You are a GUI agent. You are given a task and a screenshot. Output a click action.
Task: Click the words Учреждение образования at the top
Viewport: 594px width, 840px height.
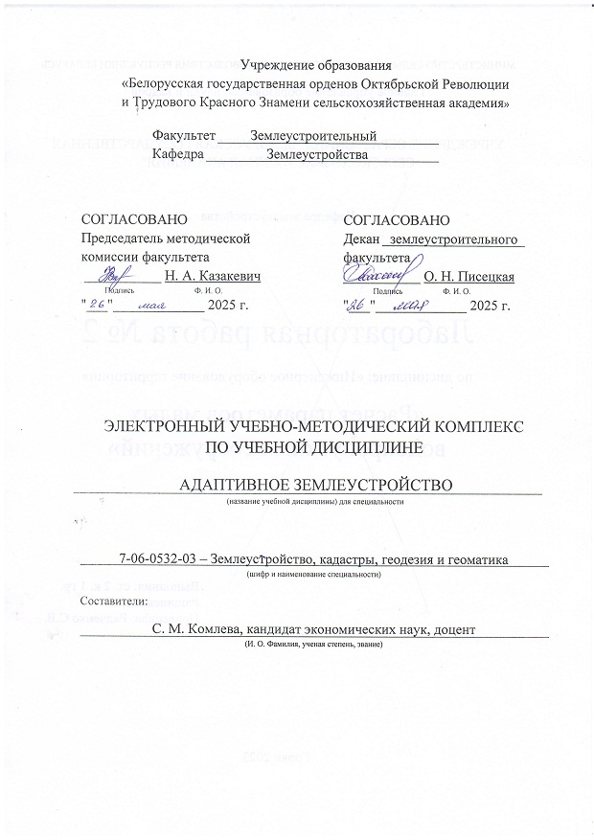316,64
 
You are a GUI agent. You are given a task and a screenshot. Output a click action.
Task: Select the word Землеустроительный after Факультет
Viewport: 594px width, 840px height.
312,135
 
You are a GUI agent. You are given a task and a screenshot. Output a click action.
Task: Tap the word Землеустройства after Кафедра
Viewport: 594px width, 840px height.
317,153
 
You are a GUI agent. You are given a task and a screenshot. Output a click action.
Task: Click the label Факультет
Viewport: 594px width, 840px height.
186,135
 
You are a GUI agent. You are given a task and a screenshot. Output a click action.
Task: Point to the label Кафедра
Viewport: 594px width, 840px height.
178,153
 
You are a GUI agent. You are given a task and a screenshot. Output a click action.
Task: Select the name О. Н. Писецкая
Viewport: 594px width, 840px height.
468,277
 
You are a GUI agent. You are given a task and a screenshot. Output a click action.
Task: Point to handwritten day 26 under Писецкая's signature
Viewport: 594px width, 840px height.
356,306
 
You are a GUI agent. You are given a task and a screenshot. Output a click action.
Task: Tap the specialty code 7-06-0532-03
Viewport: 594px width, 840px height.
160,558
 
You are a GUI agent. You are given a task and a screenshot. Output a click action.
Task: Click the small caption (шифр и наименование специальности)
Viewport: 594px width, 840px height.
313,574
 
